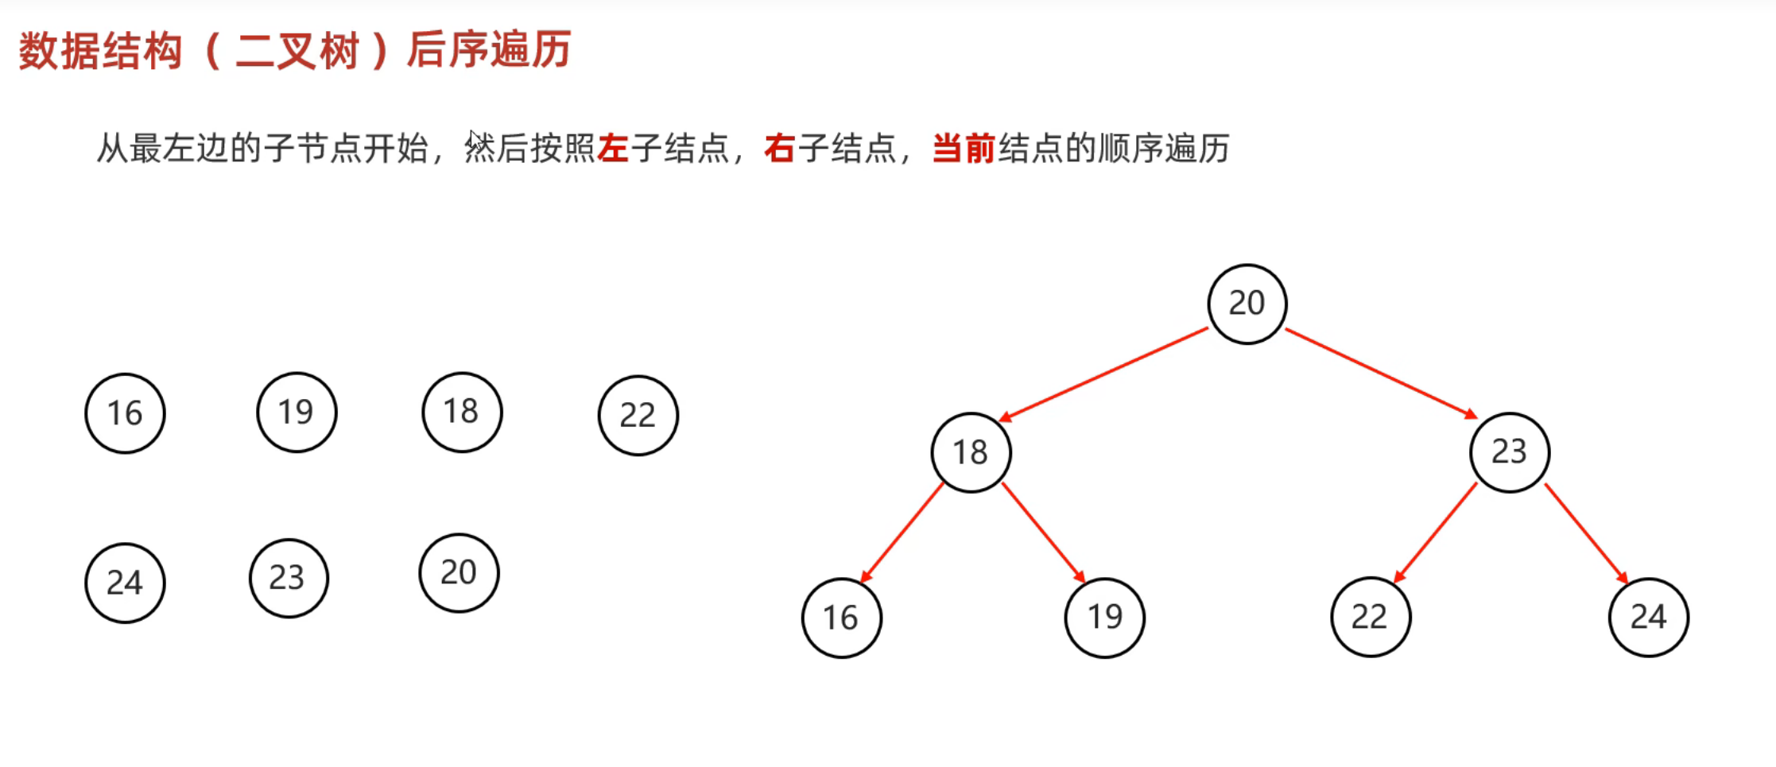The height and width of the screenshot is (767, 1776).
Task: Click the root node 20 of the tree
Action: coord(1247,304)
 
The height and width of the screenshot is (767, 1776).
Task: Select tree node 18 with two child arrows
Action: coord(971,452)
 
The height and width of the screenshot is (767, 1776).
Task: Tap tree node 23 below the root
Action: coord(1509,451)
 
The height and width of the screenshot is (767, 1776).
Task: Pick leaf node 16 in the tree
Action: coord(841,618)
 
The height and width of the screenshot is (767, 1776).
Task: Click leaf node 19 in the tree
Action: coord(1104,617)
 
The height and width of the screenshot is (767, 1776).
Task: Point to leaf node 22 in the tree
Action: coord(1370,617)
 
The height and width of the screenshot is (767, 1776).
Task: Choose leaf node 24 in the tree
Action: coord(1648,617)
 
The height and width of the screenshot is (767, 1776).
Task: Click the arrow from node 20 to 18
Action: coord(1103,374)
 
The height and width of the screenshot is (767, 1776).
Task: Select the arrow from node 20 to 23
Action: coord(1382,373)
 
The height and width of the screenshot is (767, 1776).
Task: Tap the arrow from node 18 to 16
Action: coord(902,532)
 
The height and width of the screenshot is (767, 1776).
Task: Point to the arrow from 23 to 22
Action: coord(1436,532)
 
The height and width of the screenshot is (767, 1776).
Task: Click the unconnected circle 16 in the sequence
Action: coord(125,413)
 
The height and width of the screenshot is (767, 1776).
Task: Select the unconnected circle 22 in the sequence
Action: coord(638,415)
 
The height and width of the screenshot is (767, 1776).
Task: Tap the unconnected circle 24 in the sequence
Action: coord(125,583)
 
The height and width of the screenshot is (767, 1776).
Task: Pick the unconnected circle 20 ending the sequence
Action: coord(459,572)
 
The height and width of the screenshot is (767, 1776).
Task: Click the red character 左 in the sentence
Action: coord(613,149)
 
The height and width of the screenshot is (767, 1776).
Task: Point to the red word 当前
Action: coord(964,149)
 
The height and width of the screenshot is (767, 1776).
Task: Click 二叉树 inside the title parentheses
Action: coord(297,52)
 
